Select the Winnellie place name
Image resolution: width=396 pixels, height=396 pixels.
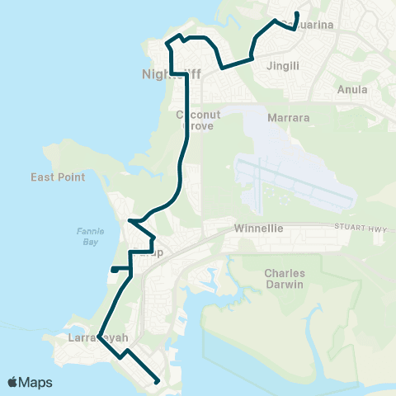(258, 228)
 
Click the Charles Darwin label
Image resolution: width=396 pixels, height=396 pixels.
(285, 279)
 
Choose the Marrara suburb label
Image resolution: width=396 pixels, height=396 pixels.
(289, 118)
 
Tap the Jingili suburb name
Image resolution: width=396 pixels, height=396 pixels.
(282, 64)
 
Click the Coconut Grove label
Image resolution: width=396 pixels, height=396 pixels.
(197, 121)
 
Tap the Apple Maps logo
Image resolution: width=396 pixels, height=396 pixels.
(31, 382)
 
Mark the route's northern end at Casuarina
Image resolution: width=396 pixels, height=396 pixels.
(297, 13)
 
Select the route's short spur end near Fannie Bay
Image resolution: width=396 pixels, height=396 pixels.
(112, 269)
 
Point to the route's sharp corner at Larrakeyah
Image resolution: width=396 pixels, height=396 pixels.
(99, 337)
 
